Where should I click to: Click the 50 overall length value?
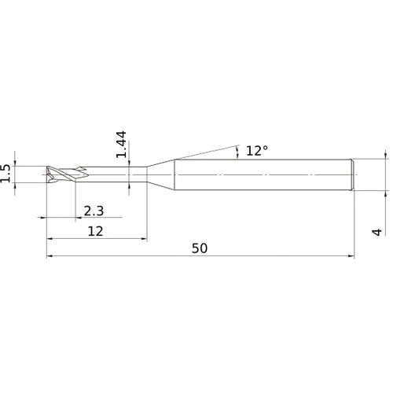point(200,248)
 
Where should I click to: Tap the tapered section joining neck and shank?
point(160,173)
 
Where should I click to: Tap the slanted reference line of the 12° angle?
point(204,152)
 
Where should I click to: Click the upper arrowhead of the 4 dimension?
point(385,156)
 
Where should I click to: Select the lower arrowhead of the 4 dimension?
point(385,191)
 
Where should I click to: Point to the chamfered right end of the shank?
point(352,173)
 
